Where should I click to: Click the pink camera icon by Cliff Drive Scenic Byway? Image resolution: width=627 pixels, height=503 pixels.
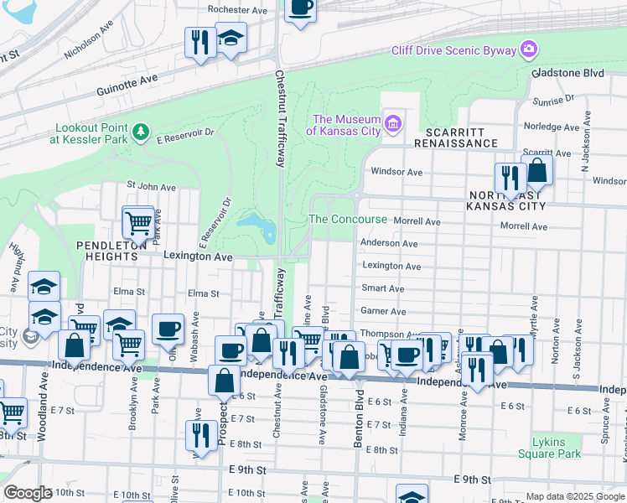(x=528, y=50)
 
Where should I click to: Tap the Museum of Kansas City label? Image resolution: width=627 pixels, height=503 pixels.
(x=347, y=125)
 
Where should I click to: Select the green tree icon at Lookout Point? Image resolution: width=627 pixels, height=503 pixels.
(x=141, y=132)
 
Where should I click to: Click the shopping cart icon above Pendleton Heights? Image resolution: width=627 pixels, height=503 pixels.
(x=138, y=222)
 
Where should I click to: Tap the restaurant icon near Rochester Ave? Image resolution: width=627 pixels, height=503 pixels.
(x=199, y=41)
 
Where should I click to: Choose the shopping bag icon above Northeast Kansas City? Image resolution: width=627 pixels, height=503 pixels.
(x=536, y=171)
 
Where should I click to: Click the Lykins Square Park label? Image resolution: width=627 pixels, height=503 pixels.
(x=549, y=447)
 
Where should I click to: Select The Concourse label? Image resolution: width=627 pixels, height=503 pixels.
(x=348, y=220)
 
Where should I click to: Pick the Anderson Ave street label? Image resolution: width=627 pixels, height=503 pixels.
(x=389, y=243)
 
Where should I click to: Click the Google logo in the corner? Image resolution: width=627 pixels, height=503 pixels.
(x=28, y=493)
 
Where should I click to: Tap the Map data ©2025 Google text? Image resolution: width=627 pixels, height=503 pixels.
(x=574, y=496)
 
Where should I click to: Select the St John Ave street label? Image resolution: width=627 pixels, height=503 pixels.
(x=151, y=187)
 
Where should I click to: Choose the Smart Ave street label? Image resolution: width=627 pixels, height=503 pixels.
(x=383, y=288)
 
